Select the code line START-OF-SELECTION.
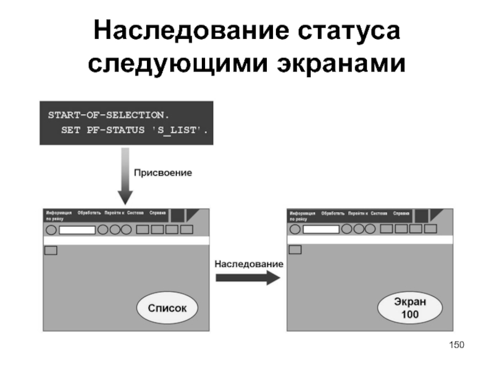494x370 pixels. pos(108,115)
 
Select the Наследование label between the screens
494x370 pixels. pos(249,263)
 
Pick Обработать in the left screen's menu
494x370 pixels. pos(89,213)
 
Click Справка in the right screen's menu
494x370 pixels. pos(401,213)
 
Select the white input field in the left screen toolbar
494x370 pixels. pos(77,229)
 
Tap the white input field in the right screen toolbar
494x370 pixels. pos(321,229)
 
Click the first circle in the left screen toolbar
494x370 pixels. pos(51,229)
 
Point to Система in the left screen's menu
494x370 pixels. pos(135,213)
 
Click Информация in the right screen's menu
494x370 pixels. pos(303,213)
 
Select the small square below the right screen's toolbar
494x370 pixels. pos(295,249)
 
